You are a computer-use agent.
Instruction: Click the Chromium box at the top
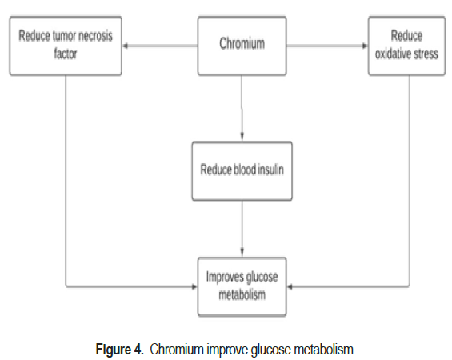click(242, 46)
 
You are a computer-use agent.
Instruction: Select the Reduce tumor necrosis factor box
click(66, 46)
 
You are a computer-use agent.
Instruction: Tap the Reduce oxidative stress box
click(406, 46)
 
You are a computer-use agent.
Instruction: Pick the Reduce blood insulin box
click(242, 171)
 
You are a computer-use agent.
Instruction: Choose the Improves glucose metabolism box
click(242, 286)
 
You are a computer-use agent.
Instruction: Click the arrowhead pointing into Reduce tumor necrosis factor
click(125, 46)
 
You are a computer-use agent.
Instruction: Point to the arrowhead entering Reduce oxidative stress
click(366, 46)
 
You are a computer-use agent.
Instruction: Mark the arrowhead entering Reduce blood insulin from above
click(242, 137)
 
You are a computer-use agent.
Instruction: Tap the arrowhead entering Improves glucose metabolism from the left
click(195, 286)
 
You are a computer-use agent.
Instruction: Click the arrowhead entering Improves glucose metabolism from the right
click(290, 286)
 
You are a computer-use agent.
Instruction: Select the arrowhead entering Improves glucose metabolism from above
click(242, 253)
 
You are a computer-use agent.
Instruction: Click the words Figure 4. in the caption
click(119, 350)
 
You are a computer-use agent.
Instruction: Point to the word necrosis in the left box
click(95, 36)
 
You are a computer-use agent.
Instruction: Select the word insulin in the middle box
click(270, 169)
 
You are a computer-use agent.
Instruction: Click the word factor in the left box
click(66, 54)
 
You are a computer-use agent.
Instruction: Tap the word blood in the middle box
click(245, 169)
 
